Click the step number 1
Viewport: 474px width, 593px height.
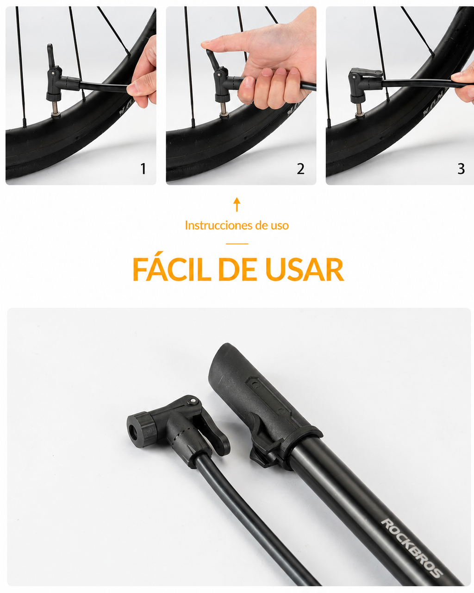(143, 169)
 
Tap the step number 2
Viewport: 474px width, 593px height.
(301, 169)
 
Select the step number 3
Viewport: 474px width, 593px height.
(461, 169)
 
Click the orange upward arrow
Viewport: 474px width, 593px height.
(237, 204)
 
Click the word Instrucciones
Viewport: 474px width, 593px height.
(219, 226)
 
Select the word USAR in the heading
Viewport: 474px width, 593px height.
(305, 269)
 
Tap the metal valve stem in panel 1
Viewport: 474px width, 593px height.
(56, 109)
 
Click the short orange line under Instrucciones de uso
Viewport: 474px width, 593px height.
(237, 244)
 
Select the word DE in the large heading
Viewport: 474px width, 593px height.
(237, 269)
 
